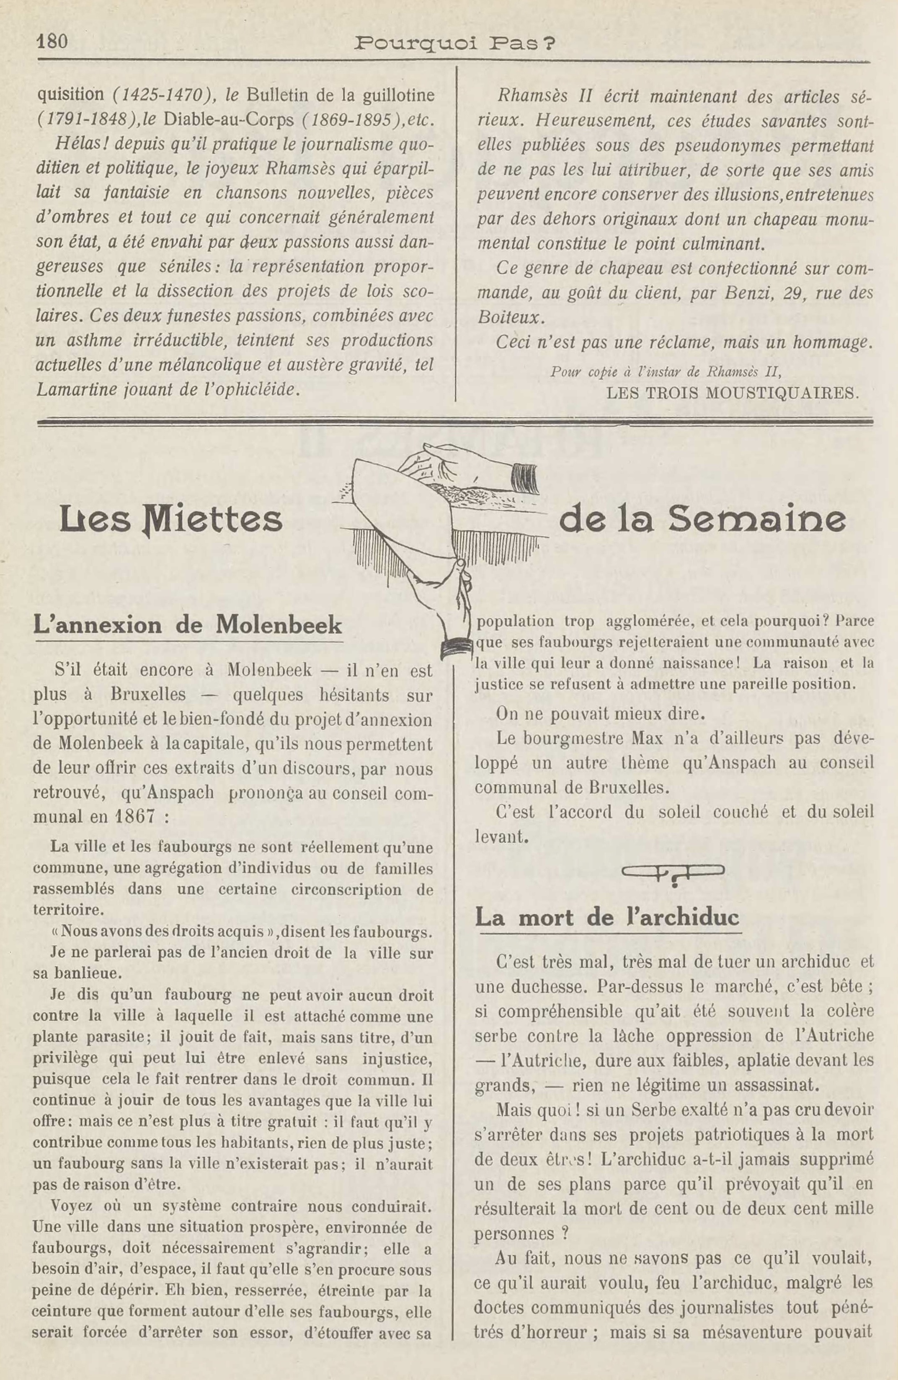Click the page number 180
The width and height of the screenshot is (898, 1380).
(x=52, y=42)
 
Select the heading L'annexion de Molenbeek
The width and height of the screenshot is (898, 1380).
(x=188, y=625)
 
